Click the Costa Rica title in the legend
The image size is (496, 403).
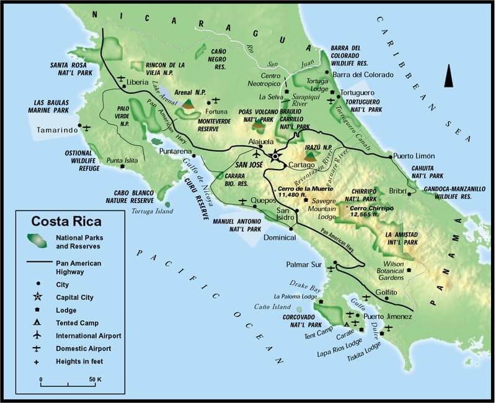pos(68,220)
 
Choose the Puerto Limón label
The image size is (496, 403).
pos(414,156)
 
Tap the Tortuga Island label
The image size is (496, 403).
pos(153,211)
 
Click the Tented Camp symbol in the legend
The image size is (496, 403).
pos(37,323)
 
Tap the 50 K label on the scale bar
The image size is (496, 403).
pos(96,379)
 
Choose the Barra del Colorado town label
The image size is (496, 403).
pos(363,75)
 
